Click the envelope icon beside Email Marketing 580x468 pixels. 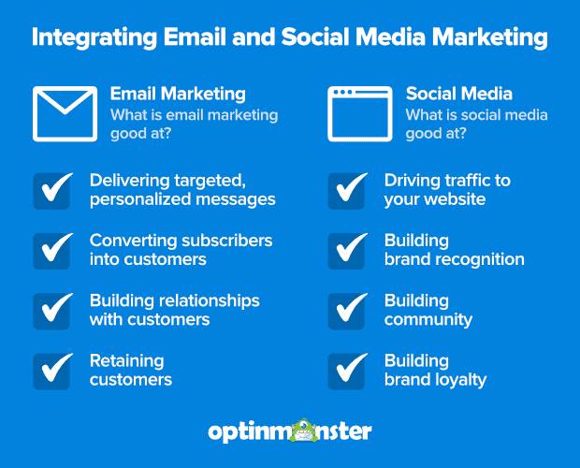click(65, 113)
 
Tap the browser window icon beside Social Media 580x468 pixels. click(359, 113)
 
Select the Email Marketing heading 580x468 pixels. click(178, 94)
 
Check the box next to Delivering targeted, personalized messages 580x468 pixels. click(52, 190)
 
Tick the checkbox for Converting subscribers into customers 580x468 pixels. click(52, 250)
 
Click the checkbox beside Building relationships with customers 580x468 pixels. click(52, 310)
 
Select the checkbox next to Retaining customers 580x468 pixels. click(52, 370)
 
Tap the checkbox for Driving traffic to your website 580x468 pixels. click(347, 190)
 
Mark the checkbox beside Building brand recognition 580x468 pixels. click(347, 250)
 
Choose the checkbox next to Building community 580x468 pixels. click(347, 310)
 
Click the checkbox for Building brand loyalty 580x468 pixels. click(347, 370)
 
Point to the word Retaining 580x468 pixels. click(126, 360)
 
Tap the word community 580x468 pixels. click(428, 319)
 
